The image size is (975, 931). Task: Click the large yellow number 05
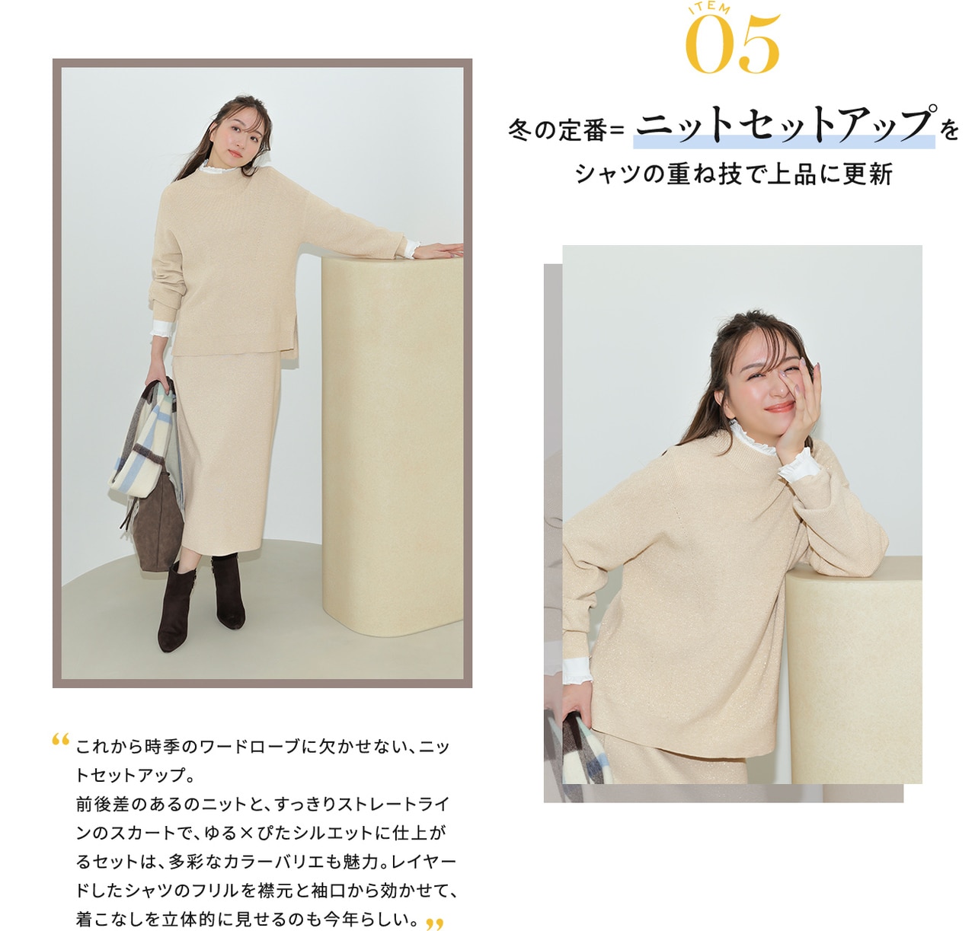click(732, 43)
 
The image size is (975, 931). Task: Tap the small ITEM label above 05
click(709, 8)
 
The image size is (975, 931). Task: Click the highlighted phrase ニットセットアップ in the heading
click(784, 125)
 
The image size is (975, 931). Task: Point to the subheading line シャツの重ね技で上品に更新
click(734, 175)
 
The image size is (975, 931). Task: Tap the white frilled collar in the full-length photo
click(219, 167)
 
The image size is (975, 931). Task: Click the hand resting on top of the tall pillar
click(437, 250)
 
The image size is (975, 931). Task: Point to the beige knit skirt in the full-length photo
click(225, 451)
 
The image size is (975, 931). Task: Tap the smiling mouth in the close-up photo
click(779, 408)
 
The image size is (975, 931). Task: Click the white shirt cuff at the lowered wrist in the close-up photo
click(576, 671)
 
